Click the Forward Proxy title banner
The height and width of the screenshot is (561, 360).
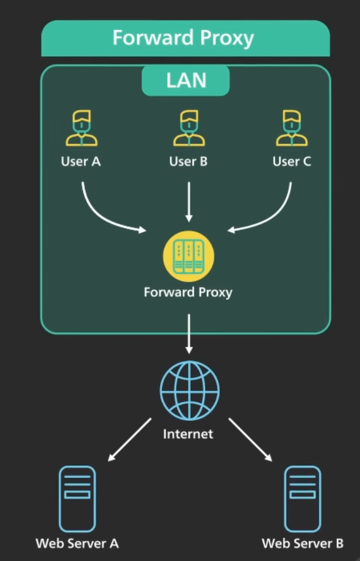tap(185, 39)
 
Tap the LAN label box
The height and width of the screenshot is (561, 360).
tap(186, 81)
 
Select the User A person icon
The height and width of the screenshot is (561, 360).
tap(82, 128)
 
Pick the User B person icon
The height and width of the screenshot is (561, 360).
tap(189, 128)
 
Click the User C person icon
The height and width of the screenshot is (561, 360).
tap(291, 128)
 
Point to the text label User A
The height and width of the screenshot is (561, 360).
tap(81, 161)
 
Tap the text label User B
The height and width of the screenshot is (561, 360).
tap(188, 161)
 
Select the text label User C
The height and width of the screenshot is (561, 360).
tap(291, 161)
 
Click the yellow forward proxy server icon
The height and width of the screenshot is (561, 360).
tap(188, 256)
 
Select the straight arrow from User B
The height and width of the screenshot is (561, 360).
tap(189, 202)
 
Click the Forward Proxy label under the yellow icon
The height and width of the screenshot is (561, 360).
tap(188, 293)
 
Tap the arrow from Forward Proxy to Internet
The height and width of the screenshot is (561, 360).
tap(189, 334)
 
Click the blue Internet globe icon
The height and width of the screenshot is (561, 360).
tap(189, 390)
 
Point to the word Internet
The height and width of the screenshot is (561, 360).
tap(188, 434)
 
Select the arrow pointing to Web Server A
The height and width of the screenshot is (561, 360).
tap(129, 439)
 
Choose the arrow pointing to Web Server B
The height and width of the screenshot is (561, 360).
tap(250, 439)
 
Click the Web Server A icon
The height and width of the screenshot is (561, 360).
tap(77, 499)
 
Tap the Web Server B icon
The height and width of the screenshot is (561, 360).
tap(302, 499)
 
